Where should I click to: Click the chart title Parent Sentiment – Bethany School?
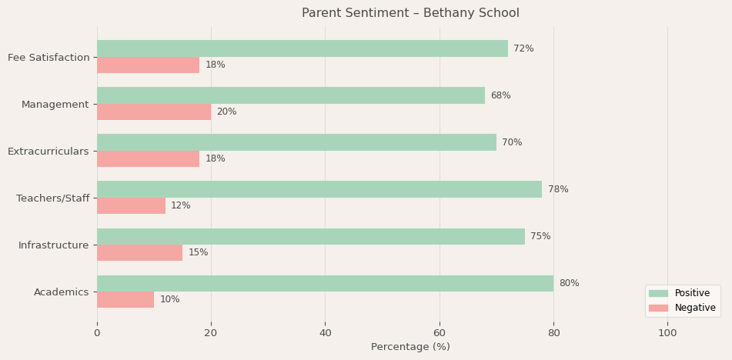pyautogui.click(x=410, y=13)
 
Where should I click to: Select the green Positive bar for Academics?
pyautogui.click(x=325, y=283)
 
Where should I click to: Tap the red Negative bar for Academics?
pyautogui.click(x=125, y=300)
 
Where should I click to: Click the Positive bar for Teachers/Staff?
pyautogui.click(x=319, y=189)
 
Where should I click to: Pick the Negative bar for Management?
pyautogui.click(x=154, y=112)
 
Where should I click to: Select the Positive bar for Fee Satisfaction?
pyautogui.click(x=302, y=48)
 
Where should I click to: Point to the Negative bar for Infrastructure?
pyautogui.click(x=139, y=253)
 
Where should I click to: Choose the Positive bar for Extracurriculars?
pyautogui.click(x=296, y=142)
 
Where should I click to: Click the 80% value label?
pyautogui.click(x=569, y=283)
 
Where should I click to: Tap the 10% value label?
pyautogui.click(x=169, y=300)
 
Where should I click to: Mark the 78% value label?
pyautogui.click(x=558, y=189)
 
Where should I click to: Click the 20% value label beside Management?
pyautogui.click(x=226, y=112)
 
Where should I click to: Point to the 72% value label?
pyautogui.click(x=523, y=48)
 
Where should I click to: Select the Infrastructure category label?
pyautogui.click(x=53, y=245)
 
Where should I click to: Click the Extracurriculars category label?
pyautogui.click(x=48, y=152)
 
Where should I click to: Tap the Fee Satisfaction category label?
pyautogui.click(x=48, y=58)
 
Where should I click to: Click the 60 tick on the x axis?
pyautogui.click(x=440, y=333)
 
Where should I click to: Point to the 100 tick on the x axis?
pyautogui.click(x=667, y=333)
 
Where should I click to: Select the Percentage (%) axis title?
pyautogui.click(x=410, y=347)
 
